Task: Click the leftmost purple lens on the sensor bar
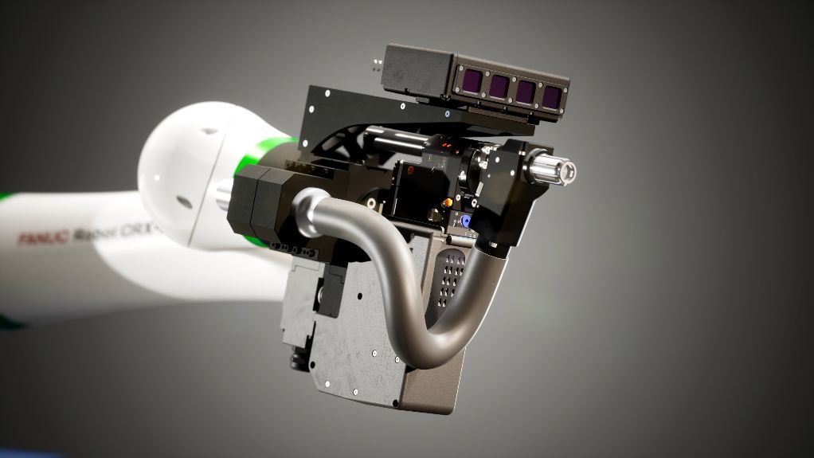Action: pos(473,80)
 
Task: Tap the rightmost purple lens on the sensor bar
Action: pos(551,96)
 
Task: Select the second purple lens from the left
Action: pos(499,86)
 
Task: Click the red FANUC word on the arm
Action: pos(43,237)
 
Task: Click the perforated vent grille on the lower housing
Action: pos(452,279)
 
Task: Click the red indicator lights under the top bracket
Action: pos(446,146)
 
